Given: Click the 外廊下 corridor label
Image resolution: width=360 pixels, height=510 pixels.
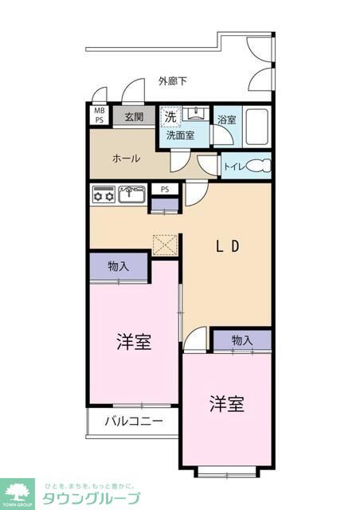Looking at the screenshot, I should coord(173,81).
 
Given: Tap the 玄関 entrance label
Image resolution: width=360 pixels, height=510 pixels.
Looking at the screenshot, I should coord(134,116).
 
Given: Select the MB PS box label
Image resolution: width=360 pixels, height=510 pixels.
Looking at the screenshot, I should coord(100,116).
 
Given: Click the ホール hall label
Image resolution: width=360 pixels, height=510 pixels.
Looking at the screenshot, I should coord(127,159).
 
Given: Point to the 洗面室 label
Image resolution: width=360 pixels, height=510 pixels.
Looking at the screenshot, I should coord(181,136).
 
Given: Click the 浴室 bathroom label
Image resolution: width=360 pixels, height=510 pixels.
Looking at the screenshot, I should coord(226,120).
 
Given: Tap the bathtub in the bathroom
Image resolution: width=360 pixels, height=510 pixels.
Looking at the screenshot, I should coord(256,125).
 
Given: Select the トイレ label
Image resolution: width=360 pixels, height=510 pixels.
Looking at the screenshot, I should coord(233,167).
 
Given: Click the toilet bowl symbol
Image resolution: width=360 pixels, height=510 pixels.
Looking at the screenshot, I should coord(259,167).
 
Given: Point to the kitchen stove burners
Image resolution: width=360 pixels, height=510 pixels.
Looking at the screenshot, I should coord(104,194).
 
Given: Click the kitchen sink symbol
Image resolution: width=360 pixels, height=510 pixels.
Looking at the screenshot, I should coord(131,193).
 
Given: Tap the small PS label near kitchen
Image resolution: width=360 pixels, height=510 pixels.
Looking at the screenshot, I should coord(165,189).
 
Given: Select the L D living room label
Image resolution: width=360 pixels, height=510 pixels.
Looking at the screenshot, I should coord(227,246).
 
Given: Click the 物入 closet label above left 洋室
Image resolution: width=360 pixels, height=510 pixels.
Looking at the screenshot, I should coord(118,266).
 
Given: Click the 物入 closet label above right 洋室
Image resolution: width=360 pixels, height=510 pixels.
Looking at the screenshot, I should coord(242,340).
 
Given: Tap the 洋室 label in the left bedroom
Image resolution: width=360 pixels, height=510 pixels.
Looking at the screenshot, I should coord(133,343).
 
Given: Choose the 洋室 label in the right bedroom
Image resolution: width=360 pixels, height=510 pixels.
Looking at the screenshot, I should coord(227,404).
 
